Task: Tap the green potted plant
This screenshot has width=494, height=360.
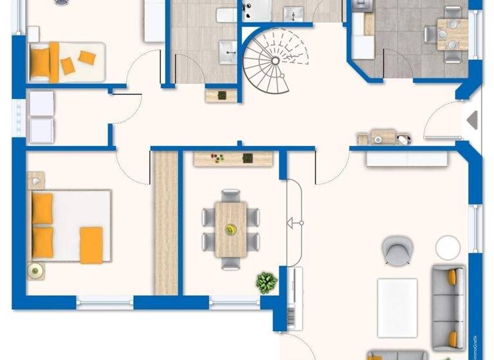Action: pyautogui.click(x=266, y=282)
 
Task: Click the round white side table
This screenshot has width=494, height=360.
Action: pyautogui.click(x=448, y=248)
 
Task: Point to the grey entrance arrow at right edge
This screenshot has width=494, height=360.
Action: pyautogui.click(x=473, y=120)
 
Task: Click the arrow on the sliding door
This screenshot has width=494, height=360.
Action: pyautogui.click(x=294, y=223)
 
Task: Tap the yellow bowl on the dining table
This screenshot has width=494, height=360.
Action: pyautogui.click(x=230, y=228)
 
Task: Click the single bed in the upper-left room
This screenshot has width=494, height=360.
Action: pyautogui.click(x=66, y=62)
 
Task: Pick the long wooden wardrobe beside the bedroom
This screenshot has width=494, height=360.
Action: pyautogui.click(x=167, y=222)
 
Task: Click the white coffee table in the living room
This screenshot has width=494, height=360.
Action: pyautogui.click(x=397, y=307)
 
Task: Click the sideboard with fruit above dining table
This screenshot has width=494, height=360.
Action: pyautogui.click(x=230, y=158)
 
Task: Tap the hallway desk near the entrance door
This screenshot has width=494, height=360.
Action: pyautogui.click(x=383, y=137)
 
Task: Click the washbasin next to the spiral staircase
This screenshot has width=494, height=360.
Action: pyautogui.click(x=228, y=51)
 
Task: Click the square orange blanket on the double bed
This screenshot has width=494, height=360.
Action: pyautogui.click(x=91, y=244)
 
